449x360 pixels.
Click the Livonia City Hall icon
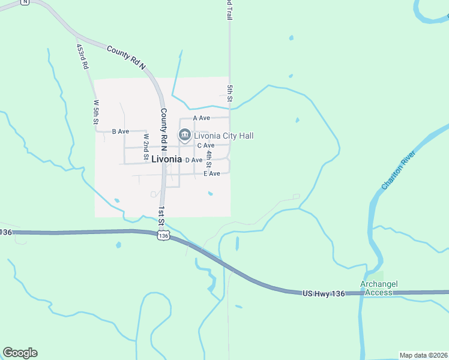coord(184,136)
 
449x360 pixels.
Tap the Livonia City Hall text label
coord(223,136)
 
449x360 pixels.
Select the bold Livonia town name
coord(166,160)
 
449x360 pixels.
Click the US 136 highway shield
coord(163,236)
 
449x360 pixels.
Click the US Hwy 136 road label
coord(324,293)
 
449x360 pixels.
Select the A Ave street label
coord(201,118)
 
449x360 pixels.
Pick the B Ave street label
coord(121,131)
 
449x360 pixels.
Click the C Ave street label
coord(205,145)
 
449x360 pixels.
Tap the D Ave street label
coord(193,160)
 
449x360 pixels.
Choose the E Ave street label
coord(212,173)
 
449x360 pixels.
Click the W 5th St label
coord(95,112)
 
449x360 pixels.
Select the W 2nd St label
coord(146,147)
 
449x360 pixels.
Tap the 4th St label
coord(209,159)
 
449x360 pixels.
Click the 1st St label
coord(161,216)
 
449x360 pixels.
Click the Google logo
coord(20,353)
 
